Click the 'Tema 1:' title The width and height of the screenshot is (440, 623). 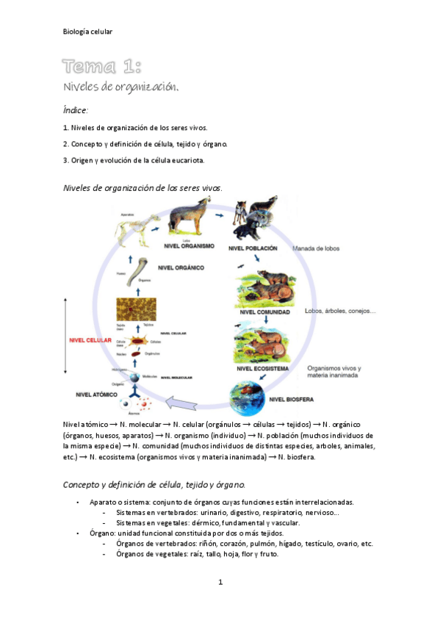pyautogui.click(x=101, y=68)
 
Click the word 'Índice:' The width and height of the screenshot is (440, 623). pyautogui.click(x=76, y=110)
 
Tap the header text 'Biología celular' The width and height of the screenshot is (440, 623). pyautogui.click(x=87, y=32)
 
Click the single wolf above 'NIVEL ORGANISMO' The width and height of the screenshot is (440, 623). pyautogui.click(x=187, y=220)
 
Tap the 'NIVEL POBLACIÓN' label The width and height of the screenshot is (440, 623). pyautogui.click(x=253, y=248)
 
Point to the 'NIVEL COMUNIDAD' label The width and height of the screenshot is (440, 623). pyautogui.click(x=264, y=312)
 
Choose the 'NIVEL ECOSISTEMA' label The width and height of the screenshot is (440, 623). pyautogui.click(x=262, y=367)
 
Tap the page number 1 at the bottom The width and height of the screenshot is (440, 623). pyautogui.click(x=220, y=583)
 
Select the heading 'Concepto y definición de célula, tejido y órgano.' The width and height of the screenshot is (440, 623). pyautogui.click(x=154, y=485)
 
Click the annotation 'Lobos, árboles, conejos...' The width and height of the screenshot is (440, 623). pyautogui.click(x=339, y=311)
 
